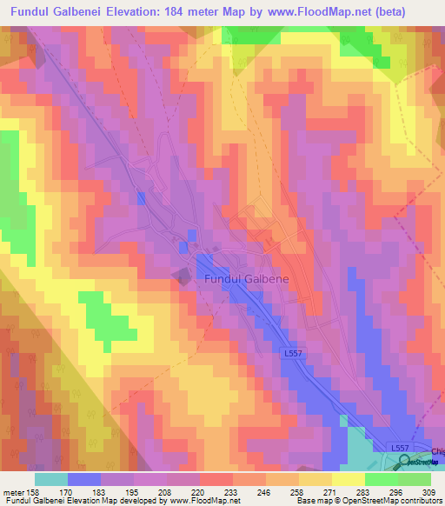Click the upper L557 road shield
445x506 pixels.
pyautogui.click(x=294, y=355)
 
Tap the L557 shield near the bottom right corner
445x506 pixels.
pyautogui.click(x=398, y=446)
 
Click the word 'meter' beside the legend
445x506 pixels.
pyautogui.click(x=15, y=493)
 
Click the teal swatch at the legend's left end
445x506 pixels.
pyautogui.click(x=51, y=479)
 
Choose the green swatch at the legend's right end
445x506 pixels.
pyautogui.click(x=415, y=479)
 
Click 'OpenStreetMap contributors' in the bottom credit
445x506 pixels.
pyautogui.click(x=394, y=502)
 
